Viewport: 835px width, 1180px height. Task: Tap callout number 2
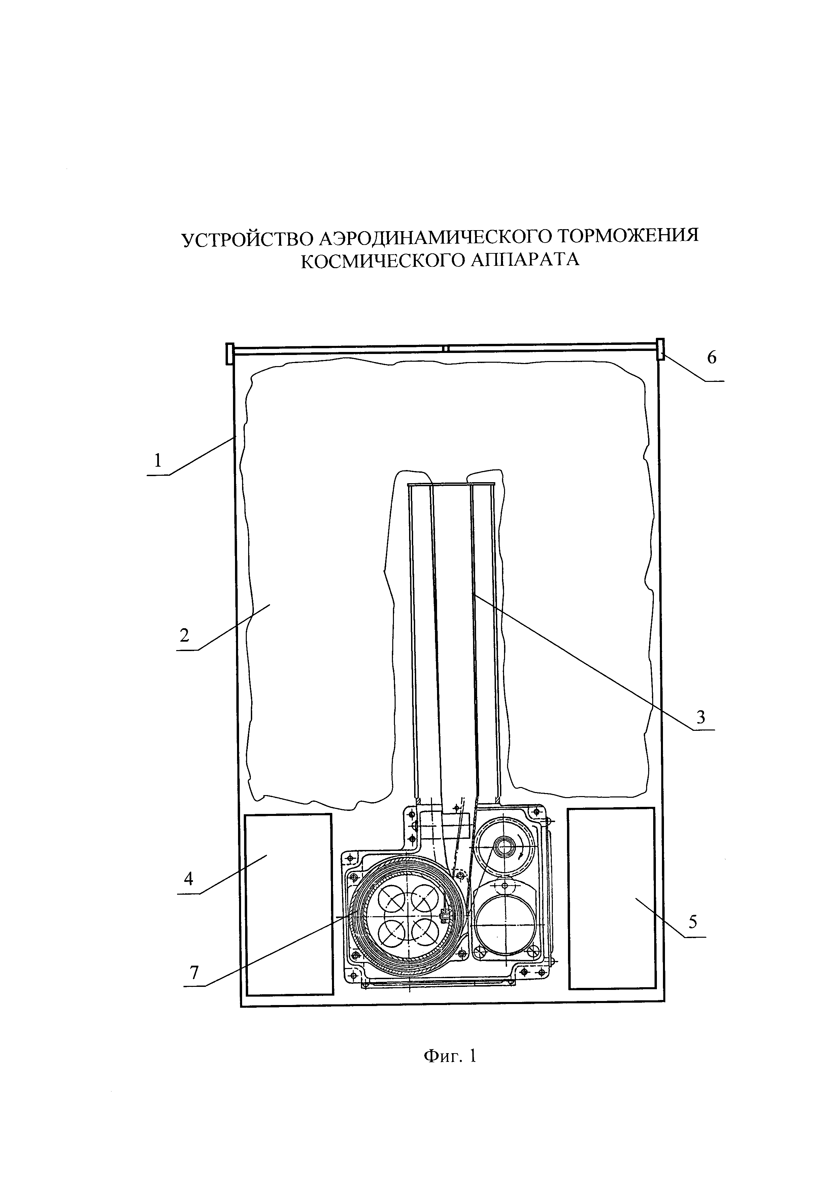point(185,636)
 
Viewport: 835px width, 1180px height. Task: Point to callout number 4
point(189,879)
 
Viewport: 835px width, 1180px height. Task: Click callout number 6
point(711,357)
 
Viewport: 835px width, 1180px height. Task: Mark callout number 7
point(194,973)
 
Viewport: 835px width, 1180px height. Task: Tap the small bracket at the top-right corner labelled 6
point(660,350)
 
